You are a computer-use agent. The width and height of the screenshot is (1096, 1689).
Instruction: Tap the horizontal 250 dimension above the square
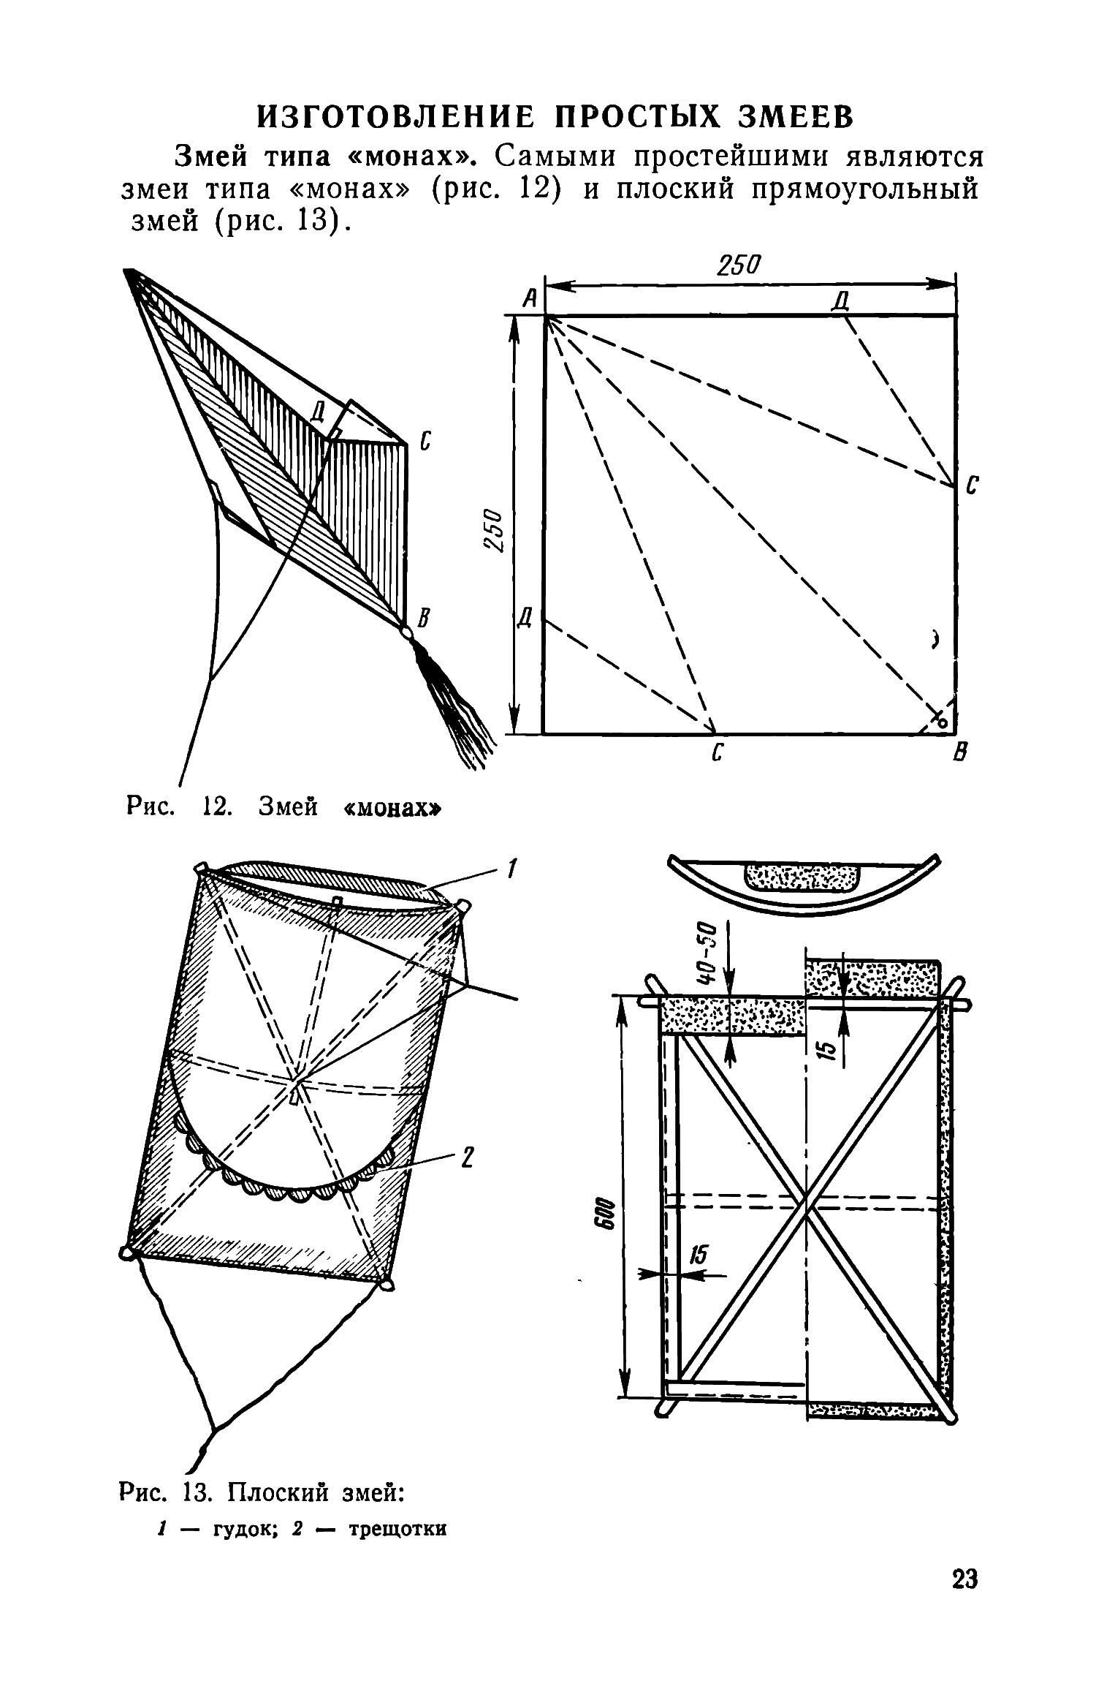(739, 265)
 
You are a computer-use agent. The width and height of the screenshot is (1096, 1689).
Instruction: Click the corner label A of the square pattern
(529, 298)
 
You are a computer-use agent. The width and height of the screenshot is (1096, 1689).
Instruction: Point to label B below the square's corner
(962, 752)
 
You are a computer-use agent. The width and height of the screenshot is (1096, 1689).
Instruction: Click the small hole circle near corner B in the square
(943, 722)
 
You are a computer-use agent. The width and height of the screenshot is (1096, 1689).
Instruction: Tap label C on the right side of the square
(972, 486)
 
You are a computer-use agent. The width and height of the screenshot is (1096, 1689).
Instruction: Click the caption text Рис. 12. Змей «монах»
(285, 807)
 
